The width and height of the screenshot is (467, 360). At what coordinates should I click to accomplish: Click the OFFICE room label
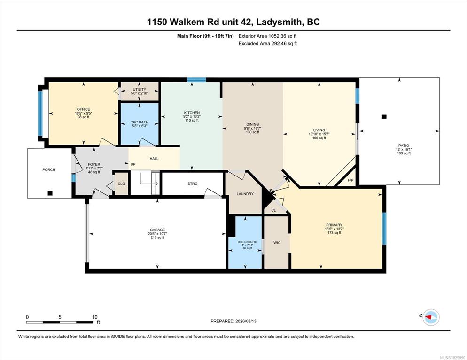(x=84, y=109)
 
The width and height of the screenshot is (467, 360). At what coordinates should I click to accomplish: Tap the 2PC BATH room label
(x=140, y=122)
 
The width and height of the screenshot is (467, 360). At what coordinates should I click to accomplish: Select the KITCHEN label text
(x=192, y=113)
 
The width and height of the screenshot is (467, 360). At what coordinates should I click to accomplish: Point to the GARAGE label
(x=157, y=230)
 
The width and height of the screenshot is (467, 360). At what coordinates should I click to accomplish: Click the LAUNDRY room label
(x=245, y=194)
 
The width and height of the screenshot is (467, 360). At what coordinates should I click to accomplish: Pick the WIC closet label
(x=277, y=243)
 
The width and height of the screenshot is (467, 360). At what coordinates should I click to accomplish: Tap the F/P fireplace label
(x=350, y=180)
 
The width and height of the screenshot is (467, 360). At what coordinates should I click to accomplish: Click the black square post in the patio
(x=384, y=116)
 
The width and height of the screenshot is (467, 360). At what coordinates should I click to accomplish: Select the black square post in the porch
(x=50, y=193)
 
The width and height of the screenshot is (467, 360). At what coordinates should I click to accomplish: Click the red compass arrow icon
(x=428, y=317)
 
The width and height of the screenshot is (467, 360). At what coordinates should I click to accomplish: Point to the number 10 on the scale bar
(x=95, y=317)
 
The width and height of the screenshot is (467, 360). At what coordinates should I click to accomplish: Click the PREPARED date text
(x=233, y=321)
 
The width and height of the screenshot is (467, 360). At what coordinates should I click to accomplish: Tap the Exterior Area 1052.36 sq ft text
(x=267, y=36)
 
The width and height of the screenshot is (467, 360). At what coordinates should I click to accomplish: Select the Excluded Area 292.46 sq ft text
(x=268, y=44)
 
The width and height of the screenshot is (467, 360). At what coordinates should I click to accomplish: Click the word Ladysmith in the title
(x=279, y=22)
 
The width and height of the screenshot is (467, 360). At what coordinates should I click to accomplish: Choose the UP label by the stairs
(x=133, y=164)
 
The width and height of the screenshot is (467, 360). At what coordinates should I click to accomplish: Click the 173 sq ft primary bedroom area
(x=334, y=233)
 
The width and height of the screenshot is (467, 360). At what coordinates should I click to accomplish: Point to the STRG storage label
(x=193, y=184)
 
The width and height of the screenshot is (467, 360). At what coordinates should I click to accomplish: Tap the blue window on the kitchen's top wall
(x=196, y=79)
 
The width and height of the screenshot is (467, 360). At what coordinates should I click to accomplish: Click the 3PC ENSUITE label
(x=247, y=242)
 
